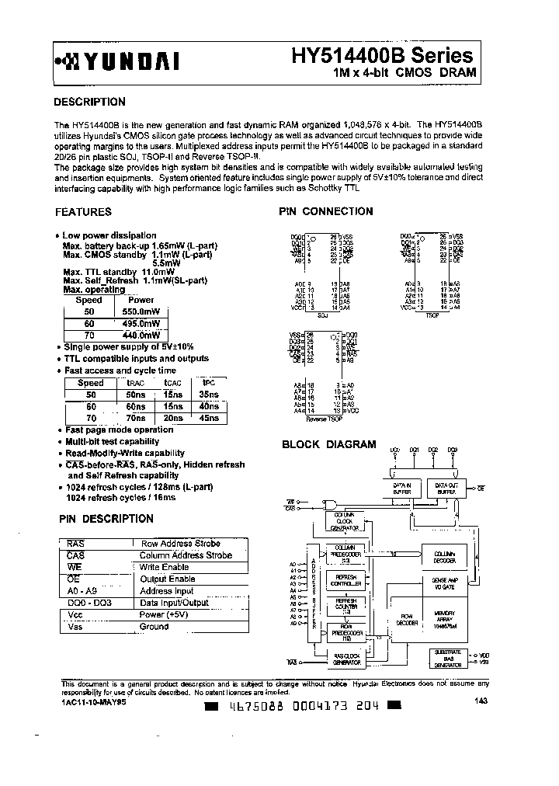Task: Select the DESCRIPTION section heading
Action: [89, 102]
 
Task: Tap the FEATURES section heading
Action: [83, 211]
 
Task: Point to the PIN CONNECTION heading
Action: [326, 211]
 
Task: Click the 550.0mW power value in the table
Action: [141, 311]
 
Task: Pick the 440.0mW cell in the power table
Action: [141, 335]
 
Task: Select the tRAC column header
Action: [135, 383]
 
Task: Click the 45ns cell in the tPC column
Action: [208, 417]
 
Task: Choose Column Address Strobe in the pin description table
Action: [186, 555]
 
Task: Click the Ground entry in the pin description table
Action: [154, 626]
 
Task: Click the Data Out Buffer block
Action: [446, 487]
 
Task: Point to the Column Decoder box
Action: [445, 556]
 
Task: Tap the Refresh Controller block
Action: [345, 579]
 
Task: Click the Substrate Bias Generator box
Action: [448, 659]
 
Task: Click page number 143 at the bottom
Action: [481, 701]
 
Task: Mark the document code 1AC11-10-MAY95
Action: [92, 701]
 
